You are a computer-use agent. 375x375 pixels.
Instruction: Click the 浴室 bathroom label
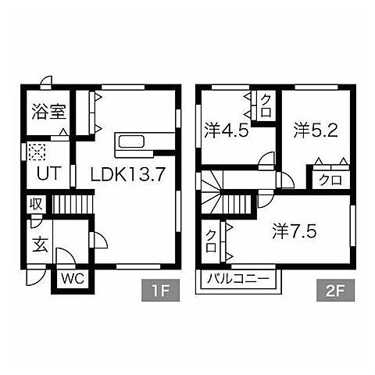point(48,112)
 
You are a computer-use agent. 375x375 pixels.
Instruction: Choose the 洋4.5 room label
point(227,130)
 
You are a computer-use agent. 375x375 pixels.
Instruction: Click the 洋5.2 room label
point(315,130)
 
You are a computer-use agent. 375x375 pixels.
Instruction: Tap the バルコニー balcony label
point(239,279)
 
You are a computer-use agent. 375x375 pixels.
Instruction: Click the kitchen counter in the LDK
point(139,143)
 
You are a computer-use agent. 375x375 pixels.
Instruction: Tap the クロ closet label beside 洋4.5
point(266,105)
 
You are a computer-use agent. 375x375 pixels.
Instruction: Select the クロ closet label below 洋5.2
point(328,180)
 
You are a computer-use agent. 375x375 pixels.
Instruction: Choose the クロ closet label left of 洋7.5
point(211,240)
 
